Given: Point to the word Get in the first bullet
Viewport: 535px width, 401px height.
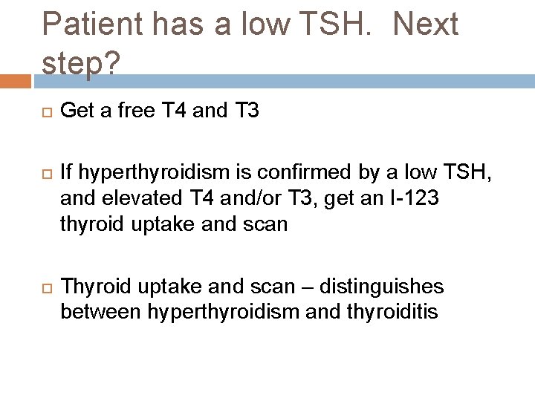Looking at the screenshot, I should point(74,111).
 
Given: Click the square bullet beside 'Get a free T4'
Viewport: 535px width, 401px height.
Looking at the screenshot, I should point(44,112).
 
